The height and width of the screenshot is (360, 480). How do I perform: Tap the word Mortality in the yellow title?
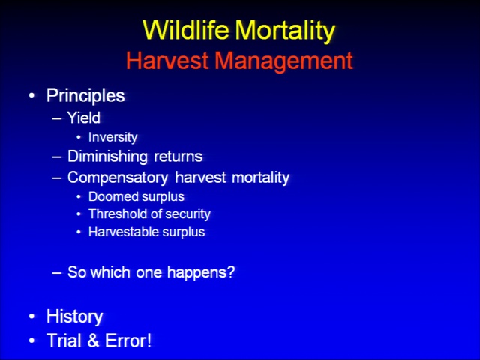point(285,31)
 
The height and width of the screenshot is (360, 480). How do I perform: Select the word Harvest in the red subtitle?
point(167,60)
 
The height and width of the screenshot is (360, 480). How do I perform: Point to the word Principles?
point(85,96)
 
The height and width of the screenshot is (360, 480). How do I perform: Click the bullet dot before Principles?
point(31,95)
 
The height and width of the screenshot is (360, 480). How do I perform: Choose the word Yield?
point(84,118)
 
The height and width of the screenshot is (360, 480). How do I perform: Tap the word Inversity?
point(113,137)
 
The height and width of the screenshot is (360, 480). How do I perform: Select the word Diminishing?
point(107,157)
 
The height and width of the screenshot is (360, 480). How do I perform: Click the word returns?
point(178,157)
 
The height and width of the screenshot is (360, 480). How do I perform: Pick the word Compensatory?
point(118,178)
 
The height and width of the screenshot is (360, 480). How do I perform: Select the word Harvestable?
point(121,232)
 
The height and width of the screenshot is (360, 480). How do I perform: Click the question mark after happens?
point(231,271)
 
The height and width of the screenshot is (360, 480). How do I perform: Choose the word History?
point(75,316)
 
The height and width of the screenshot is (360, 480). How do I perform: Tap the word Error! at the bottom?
point(128,340)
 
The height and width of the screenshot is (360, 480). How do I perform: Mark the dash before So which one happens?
point(57,272)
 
